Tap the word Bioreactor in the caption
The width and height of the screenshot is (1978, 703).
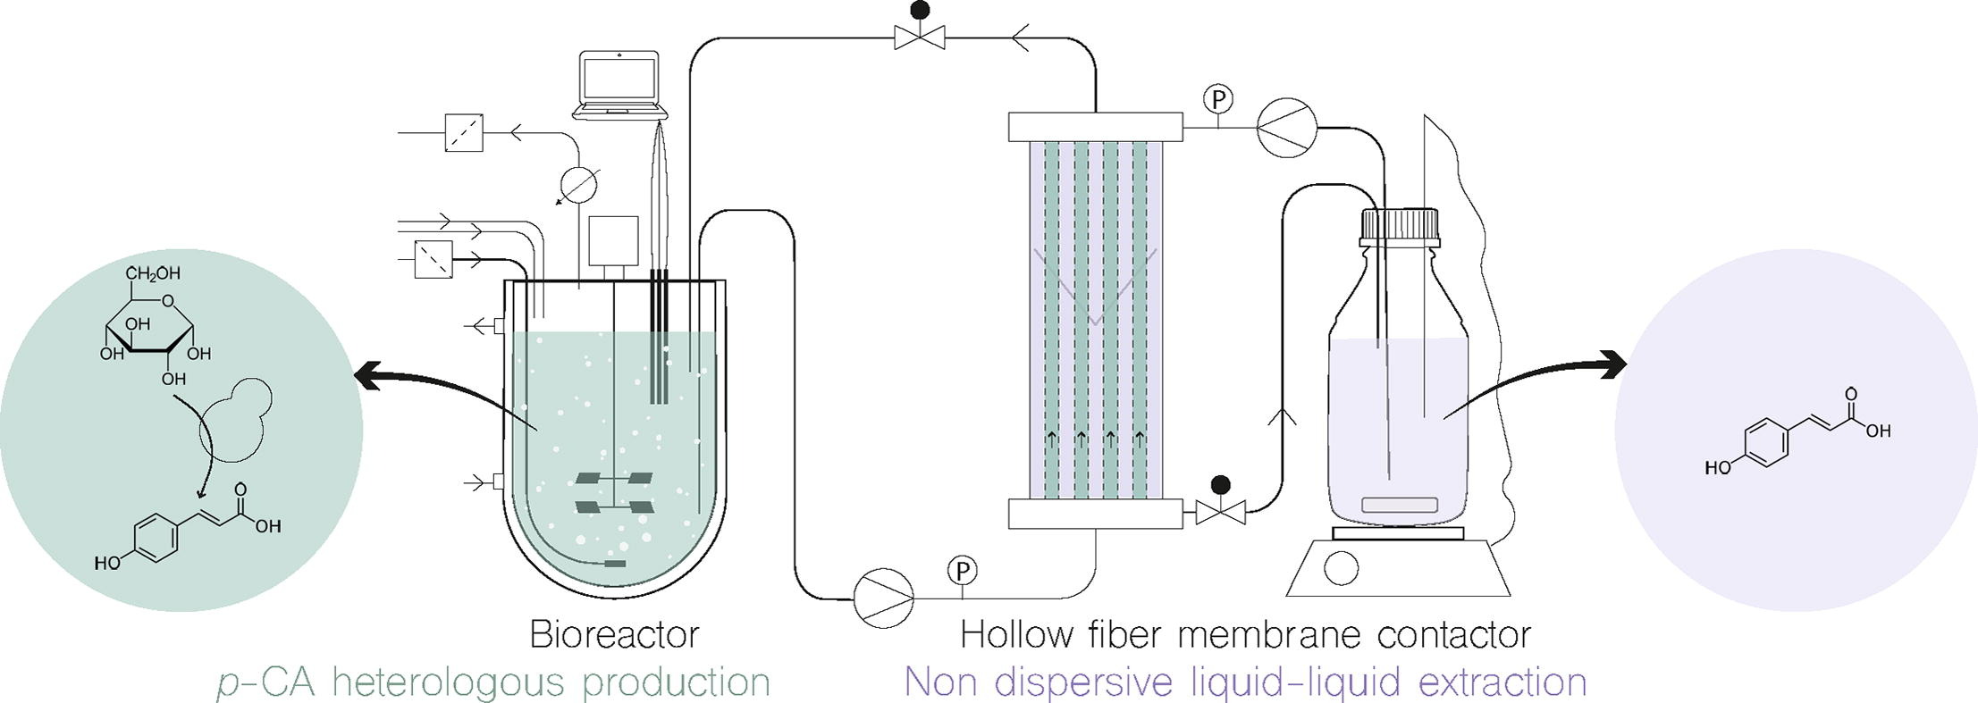pyautogui.click(x=614, y=635)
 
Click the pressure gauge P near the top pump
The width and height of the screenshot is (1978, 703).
pyautogui.click(x=1216, y=99)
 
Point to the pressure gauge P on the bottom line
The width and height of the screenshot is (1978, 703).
pyautogui.click(x=962, y=570)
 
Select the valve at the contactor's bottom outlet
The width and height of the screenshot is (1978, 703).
pyautogui.click(x=1220, y=513)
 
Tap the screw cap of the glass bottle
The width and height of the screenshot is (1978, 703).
pyautogui.click(x=1400, y=228)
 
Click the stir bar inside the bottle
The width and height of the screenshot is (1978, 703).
pyautogui.click(x=1399, y=505)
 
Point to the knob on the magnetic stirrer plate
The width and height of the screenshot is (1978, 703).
pyautogui.click(x=1341, y=568)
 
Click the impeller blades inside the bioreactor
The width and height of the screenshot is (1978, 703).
pyautogui.click(x=614, y=493)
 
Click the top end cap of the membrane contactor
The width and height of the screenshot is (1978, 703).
pyautogui.click(x=1095, y=127)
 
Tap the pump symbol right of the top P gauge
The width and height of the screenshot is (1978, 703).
pyautogui.click(x=1286, y=127)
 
